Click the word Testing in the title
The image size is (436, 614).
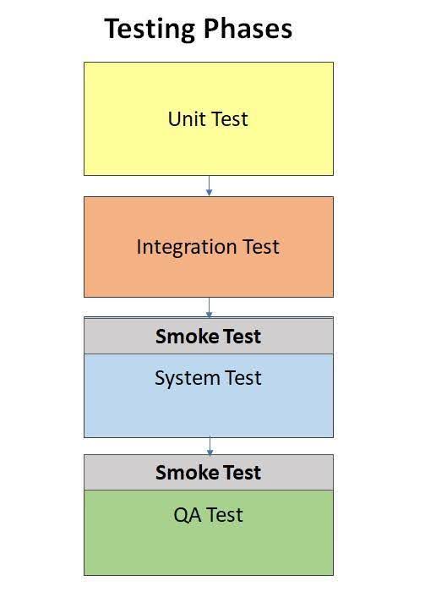pos(150,30)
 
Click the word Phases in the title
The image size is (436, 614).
pos(248,29)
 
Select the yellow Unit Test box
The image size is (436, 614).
pos(209,118)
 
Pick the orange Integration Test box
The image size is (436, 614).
pos(209,247)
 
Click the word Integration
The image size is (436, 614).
pos(187,248)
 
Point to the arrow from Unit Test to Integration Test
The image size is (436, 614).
pos(209,185)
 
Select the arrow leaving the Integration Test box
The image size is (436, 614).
pos(209,307)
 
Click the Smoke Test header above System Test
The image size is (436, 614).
pos(209,336)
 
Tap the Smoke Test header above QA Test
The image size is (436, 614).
pos(209,472)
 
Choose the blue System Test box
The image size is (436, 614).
pos(209,396)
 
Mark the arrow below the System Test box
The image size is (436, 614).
pos(210,446)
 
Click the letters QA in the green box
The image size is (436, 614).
pos(187,515)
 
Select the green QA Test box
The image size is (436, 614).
pos(209,533)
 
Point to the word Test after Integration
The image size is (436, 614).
pos(261,247)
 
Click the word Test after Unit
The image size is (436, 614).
pos(230,118)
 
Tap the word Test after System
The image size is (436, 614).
pos(243,378)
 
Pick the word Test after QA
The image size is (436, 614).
pos(225,515)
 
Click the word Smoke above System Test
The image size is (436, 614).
pos(182,336)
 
